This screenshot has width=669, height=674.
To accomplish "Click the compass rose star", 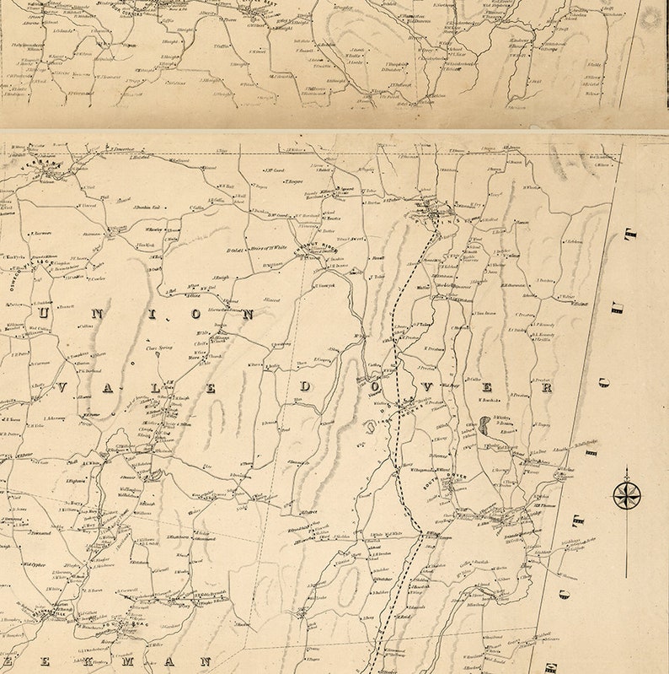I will [x=626, y=495].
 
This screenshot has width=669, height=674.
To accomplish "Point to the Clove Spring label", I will [x=158, y=347].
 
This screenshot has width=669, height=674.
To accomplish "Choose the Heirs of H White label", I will [x=270, y=246].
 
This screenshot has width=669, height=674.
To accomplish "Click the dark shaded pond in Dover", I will [x=485, y=423].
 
